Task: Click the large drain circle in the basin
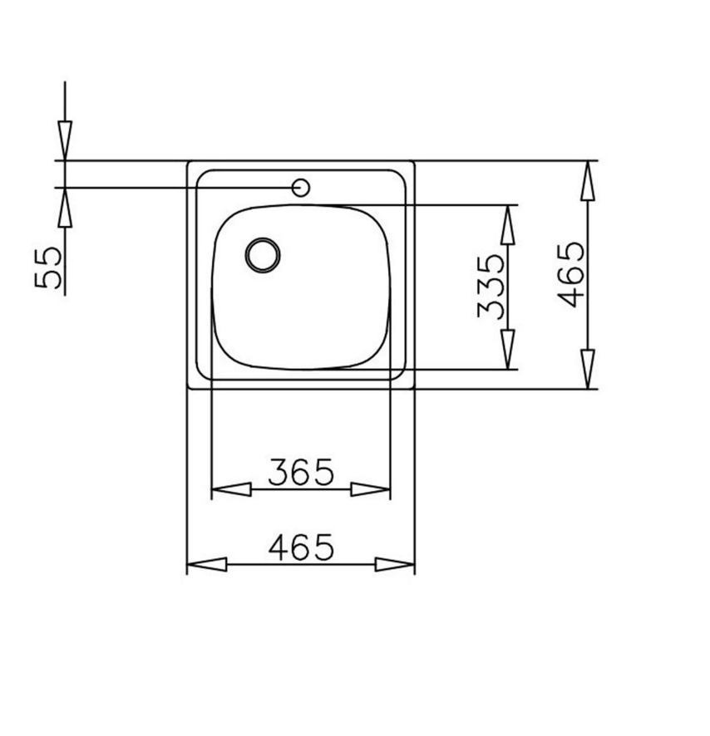(x=263, y=253)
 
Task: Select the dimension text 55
(x=49, y=267)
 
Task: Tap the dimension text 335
(x=491, y=287)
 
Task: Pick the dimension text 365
(x=300, y=472)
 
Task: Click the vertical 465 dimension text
(x=571, y=275)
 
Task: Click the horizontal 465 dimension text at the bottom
(x=300, y=547)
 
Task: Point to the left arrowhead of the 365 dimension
(x=231, y=489)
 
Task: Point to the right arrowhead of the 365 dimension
(x=371, y=489)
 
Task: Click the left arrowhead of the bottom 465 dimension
(x=206, y=565)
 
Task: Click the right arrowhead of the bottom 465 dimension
(x=395, y=565)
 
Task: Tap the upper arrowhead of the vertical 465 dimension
(x=588, y=180)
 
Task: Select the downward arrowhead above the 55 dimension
(x=65, y=140)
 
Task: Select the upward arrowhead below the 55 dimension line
(x=65, y=208)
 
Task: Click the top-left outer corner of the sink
(x=188, y=161)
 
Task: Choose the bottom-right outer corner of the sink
(x=414, y=389)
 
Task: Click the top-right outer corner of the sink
(x=414, y=161)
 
